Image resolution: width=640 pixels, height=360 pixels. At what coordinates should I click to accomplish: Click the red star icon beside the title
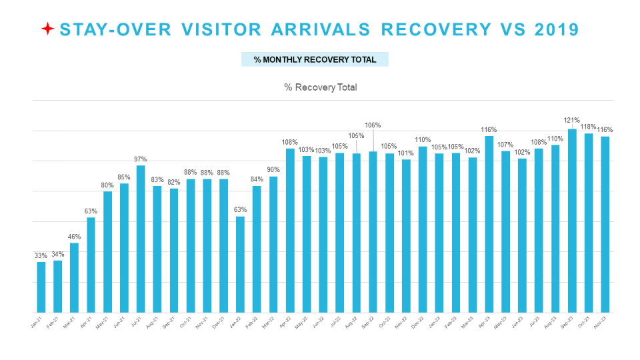pyautogui.click(x=47, y=29)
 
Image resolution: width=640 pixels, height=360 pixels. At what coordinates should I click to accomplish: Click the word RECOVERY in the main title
pyautogui.click(x=433, y=29)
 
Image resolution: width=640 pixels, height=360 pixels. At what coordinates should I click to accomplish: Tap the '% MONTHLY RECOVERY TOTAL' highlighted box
pyautogui.click(x=315, y=59)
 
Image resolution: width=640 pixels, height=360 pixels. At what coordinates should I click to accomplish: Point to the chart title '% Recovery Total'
pyautogui.click(x=320, y=87)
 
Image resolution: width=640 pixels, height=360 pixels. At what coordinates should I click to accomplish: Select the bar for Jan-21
pyautogui.click(x=41, y=287)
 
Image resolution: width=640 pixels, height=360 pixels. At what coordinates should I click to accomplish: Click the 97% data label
pyautogui.click(x=140, y=159)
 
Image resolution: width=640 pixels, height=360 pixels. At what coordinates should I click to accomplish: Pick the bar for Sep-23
pyautogui.click(x=572, y=220)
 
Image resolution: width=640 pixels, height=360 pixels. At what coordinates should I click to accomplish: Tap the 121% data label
pyautogui.click(x=572, y=121)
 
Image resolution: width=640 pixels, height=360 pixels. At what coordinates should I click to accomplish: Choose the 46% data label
pyautogui.click(x=74, y=237)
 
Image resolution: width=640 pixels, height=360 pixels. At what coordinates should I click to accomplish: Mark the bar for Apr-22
pyautogui.click(x=290, y=230)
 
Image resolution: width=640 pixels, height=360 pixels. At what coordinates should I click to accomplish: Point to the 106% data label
pyautogui.click(x=373, y=125)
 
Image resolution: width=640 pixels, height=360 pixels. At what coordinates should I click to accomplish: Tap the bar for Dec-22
pyautogui.click(x=423, y=229)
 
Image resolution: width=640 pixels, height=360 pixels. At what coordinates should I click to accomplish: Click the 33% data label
pyautogui.click(x=41, y=255)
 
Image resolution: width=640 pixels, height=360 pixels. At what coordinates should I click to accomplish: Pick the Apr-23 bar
pyautogui.click(x=489, y=223)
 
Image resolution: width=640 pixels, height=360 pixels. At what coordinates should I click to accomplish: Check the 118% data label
pyautogui.click(x=588, y=127)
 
